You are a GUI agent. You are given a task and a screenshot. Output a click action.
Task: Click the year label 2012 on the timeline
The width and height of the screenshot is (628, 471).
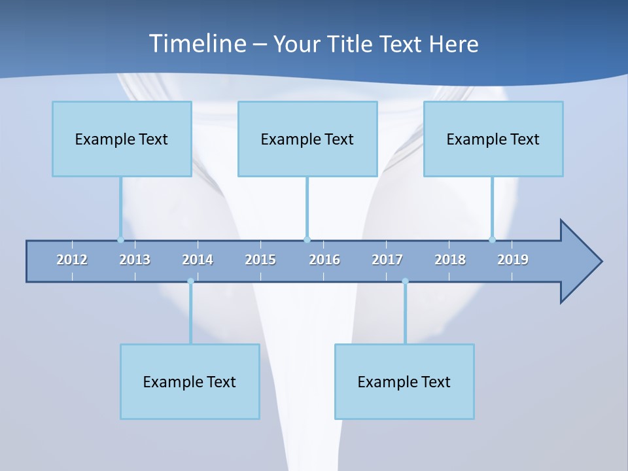tap(72, 260)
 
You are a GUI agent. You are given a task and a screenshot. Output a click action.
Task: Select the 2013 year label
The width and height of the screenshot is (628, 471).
tap(135, 260)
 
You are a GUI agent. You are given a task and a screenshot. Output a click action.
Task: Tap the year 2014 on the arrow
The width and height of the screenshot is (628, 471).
tap(198, 260)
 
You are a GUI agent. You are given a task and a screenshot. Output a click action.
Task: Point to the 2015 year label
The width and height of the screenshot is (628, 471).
tap(260, 260)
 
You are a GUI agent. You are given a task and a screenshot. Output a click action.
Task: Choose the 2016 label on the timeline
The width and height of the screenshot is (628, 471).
tap(324, 260)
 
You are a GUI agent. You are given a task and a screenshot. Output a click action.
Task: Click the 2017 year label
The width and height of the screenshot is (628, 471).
tap(387, 260)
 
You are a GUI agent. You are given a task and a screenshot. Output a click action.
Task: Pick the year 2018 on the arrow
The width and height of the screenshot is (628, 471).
tap(450, 260)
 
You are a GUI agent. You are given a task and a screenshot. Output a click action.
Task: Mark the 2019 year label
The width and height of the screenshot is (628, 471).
tap(513, 260)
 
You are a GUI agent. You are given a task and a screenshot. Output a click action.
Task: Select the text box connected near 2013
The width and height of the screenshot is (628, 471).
tap(122, 139)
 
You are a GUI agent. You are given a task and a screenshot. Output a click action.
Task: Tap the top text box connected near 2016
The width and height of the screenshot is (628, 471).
tap(307, 139)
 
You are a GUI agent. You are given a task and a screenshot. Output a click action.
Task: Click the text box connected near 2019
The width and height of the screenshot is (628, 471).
tap(493, 139)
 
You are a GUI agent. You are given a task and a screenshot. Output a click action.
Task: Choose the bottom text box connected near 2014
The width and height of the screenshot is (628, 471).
tap(190, 381)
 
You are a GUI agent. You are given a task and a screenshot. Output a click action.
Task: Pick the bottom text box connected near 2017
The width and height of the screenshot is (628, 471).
tap(404, 381)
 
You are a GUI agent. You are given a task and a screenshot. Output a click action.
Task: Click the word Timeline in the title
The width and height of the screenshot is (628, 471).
tap(196, 44)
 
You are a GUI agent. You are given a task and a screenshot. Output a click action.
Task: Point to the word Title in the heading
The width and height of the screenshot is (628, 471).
tap(353, 44)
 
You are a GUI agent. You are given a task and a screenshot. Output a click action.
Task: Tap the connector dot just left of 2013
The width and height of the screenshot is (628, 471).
tap(120, 239)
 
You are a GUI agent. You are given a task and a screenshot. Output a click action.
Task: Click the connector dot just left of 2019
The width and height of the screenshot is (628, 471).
tap(492, 239)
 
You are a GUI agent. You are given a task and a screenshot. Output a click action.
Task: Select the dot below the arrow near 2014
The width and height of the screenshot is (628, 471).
tap(190, 281)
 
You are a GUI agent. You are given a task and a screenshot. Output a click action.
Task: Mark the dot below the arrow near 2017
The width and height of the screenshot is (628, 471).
tap(405, 281)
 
